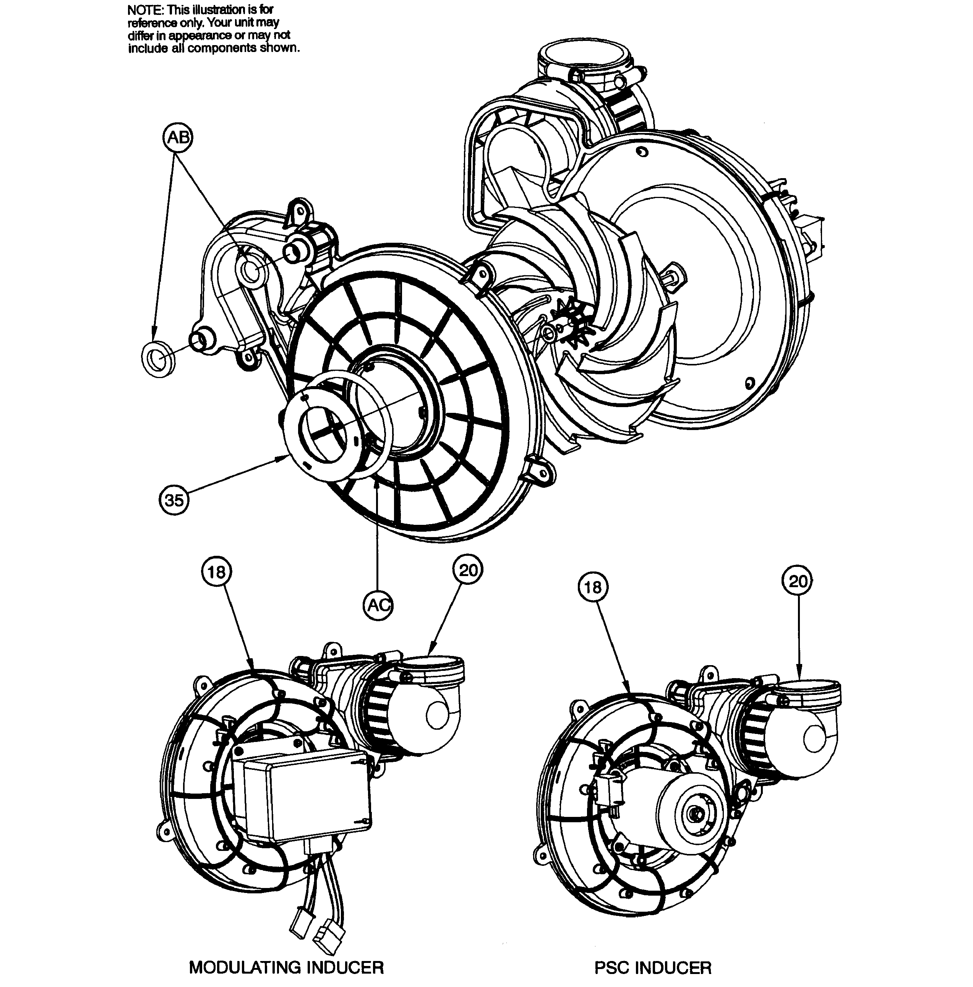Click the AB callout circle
(x=178, y=138)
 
